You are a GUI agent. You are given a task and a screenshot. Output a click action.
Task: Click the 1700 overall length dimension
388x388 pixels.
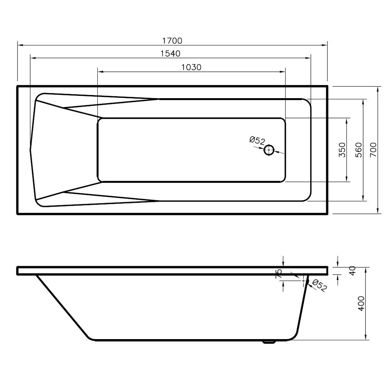(172, 40)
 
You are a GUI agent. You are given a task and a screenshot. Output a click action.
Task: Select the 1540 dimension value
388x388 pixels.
(170, 54)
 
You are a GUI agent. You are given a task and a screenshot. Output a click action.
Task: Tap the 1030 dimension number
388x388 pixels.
(191, 67)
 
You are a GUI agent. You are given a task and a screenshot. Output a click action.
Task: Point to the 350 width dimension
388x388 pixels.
(342, 150)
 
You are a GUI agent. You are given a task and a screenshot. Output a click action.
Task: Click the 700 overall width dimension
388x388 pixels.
(373, 150)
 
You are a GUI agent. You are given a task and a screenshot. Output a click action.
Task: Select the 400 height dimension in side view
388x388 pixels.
(361, 303)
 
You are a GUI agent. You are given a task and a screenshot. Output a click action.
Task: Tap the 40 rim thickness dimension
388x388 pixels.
(352, 271)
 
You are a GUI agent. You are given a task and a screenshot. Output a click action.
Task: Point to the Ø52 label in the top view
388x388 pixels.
(257, 140)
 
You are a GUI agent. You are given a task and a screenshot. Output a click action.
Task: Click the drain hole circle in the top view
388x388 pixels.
(269, 150)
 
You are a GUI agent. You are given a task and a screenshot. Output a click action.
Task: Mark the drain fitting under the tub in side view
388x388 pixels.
(268, 342)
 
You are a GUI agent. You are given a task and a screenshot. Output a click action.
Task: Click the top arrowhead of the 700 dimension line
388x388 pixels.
(378, 89)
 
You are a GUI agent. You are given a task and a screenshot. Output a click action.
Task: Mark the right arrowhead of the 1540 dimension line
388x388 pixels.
(308, 58)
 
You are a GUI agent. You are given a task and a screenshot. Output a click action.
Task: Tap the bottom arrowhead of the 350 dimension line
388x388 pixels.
(347, 179)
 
